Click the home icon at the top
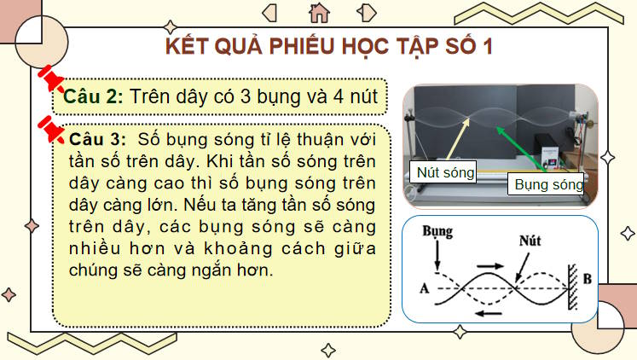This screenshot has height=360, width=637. pos(319,11)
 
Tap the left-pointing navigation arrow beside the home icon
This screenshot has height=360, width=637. pos(270,12)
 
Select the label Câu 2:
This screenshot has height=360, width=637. pos(95,97)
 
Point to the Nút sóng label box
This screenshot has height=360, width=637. pos(445,171)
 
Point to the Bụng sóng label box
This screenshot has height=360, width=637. pos(547,183)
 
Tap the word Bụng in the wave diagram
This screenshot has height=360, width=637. pos(437,230)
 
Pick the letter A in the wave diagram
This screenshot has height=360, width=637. pos(424,288)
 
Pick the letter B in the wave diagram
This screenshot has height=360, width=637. pos(586,278)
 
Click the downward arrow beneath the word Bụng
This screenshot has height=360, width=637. pos(437,254)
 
